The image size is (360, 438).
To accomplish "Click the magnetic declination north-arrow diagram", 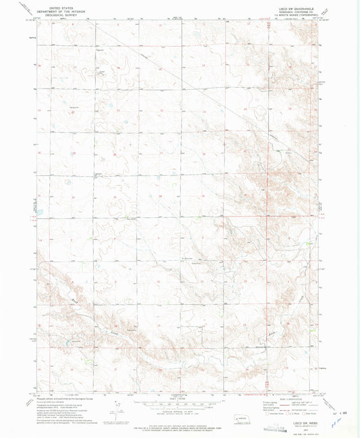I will point(119,409).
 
